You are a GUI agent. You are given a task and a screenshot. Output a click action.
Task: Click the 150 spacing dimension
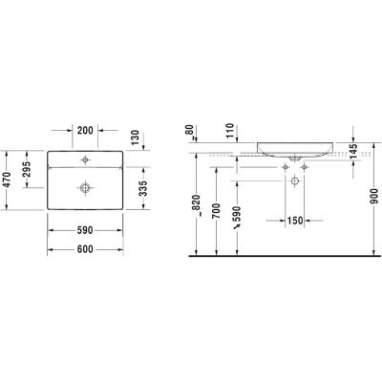coord(296,223)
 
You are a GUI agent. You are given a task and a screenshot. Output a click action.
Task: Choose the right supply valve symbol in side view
coord(304,167)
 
